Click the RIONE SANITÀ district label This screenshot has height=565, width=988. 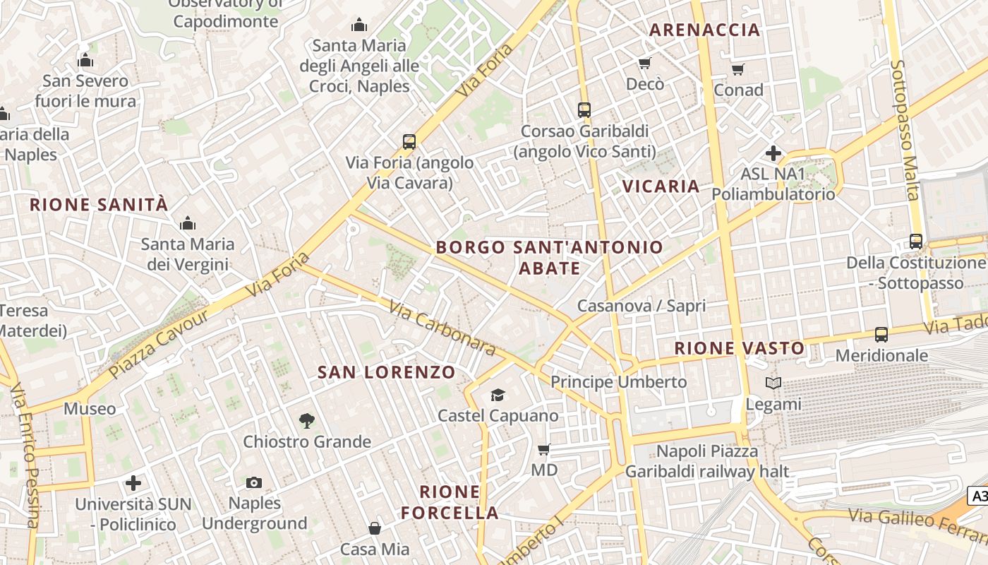click(x=99, y=205)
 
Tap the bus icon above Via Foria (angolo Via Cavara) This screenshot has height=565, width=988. click(x=409, y=141)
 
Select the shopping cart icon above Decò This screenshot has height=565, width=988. click(x=644, y=64)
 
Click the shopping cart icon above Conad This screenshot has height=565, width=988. click(x=738, y=69)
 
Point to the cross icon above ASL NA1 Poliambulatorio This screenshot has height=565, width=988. click(x=773, y=153)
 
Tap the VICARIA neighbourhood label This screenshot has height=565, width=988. click(x=661, y=186)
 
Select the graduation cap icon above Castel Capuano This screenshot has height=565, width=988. click(x=498, y=395)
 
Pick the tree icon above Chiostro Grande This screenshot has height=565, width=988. click(x=306, y=421)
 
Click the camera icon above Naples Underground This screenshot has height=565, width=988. click(x=254, y=483)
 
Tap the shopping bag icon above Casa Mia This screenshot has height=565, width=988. click(x=375, y=528)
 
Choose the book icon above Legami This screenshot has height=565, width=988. click(x=773, y=383)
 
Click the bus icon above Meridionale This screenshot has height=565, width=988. click(x=881, y=334)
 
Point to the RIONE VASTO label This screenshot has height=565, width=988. click(x=739, y=348)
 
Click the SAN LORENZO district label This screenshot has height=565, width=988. click(x=386, y=372)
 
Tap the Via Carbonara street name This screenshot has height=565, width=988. click(x=442, y=328)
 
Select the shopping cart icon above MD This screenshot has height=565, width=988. click(x=543, y=449)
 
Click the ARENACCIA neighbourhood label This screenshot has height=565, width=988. click(x=704, y=30)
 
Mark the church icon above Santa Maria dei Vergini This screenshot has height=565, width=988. click(x=188, y=224)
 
